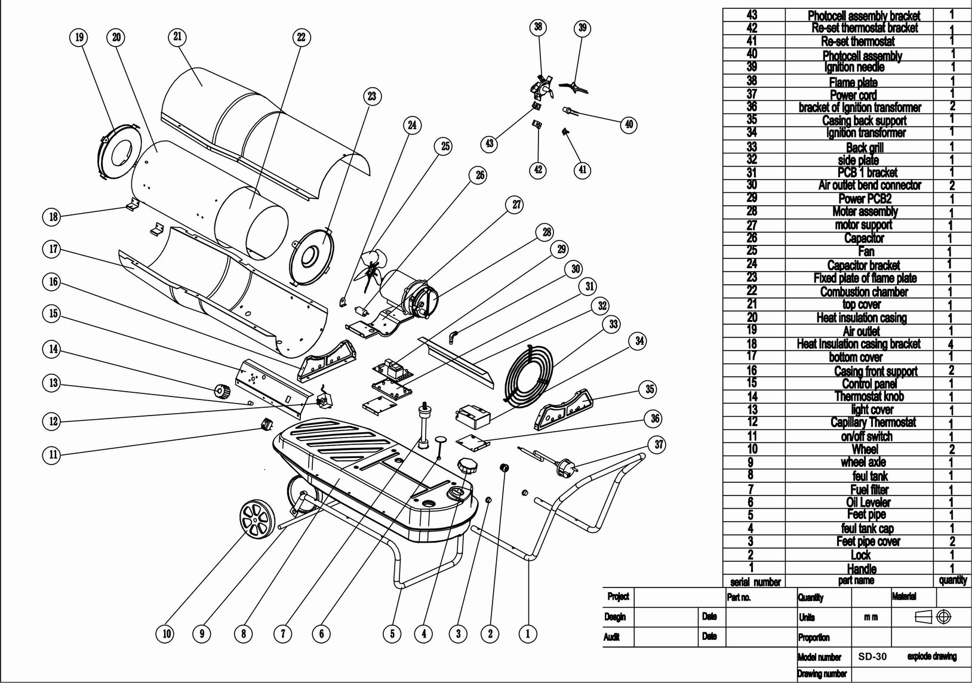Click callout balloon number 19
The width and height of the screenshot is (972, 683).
click(x=79, y=38)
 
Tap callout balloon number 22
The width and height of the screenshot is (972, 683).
click(x=301, y=38)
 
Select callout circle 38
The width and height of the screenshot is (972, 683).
click(x=538, y=27)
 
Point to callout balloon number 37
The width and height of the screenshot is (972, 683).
click(x=659, y=444)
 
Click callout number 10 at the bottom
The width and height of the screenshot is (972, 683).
click(x=167, y=634)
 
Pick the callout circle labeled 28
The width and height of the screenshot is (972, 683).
click(x=547, y=233)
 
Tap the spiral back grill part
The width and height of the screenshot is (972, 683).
click(x=528, y=376)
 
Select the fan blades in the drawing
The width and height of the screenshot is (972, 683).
click(x=370, y=270)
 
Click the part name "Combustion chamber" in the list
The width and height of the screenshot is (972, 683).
click(x=864, y=291)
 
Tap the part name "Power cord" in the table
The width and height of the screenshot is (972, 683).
click(x=853, y=94)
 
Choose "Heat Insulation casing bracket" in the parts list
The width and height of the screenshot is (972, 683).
click(x=859, y=344)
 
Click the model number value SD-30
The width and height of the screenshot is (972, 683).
click(x=872, y=656)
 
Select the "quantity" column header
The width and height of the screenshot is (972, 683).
click(x=953, y=580)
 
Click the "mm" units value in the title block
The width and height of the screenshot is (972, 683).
click(x=871, y=617)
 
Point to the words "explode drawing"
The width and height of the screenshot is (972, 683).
click(x=931, y=656)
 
